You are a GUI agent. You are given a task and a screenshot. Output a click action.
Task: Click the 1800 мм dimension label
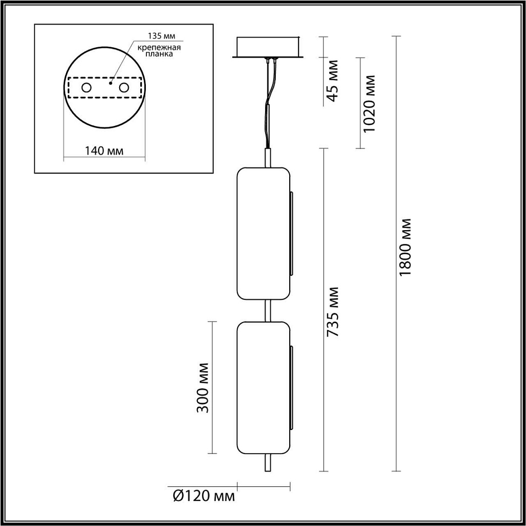tap(406, 247)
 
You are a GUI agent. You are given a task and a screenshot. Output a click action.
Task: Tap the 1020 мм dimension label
tap(369, 103)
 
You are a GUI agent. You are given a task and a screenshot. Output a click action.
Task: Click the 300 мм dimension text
tap(203, 387)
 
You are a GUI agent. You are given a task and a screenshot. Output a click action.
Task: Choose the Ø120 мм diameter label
tap(204, 496)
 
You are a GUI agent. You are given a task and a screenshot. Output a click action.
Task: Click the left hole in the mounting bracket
tap(86, 88)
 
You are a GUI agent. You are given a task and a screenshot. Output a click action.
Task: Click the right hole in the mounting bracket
tap(123, 88)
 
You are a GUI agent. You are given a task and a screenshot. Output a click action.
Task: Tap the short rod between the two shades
tap(267, 310)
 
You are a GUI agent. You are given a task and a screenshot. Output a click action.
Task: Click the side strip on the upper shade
tap(291, 233)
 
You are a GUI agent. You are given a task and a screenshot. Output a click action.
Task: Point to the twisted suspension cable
tap(269, 103)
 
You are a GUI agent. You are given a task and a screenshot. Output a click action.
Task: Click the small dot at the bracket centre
tap(110, 81)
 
